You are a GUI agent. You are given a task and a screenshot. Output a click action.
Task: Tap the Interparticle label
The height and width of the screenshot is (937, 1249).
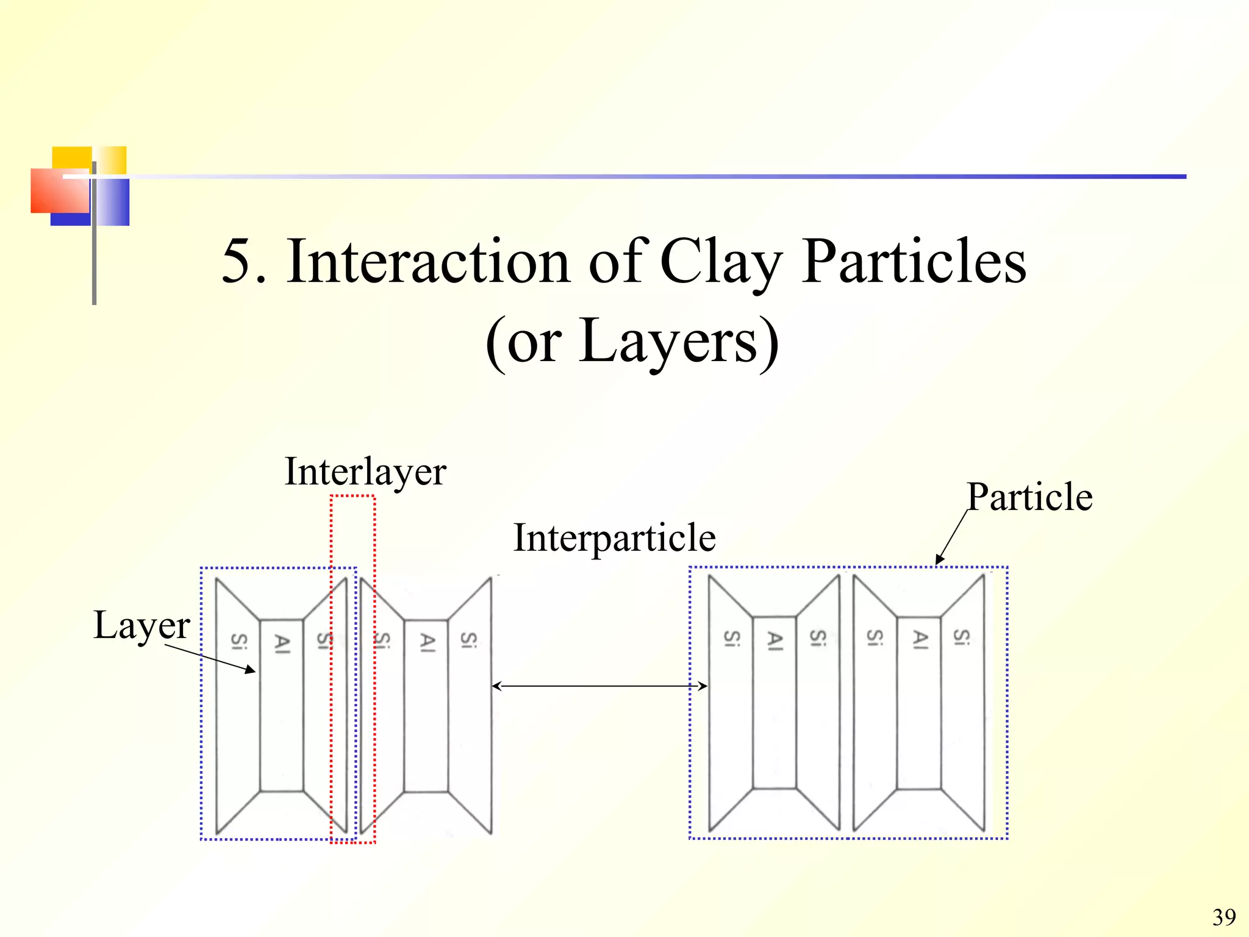click(614, 538)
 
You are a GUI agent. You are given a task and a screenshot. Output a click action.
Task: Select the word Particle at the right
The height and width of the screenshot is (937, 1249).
click(1029, 497)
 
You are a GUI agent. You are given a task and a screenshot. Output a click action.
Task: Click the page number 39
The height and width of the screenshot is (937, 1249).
click(1224, 917)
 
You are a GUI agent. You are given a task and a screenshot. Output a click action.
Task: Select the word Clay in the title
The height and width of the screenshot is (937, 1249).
click(720, 262)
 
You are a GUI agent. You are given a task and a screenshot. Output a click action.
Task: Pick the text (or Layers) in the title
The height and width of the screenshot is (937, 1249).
click(632, 342)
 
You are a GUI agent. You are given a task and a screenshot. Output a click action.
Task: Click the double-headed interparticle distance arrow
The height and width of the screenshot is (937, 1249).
click(599, 686)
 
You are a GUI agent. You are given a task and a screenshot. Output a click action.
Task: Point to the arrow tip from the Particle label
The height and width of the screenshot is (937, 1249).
click(938, 562)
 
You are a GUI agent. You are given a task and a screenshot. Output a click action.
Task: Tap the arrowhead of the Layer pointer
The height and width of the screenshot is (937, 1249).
click(252, 672)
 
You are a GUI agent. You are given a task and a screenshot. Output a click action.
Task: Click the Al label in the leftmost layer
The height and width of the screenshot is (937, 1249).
click(282, 644)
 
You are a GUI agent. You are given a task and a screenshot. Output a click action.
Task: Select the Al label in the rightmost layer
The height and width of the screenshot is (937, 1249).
click(920, 639)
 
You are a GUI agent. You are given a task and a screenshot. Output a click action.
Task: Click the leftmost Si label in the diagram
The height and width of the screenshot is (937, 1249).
click(238, 642)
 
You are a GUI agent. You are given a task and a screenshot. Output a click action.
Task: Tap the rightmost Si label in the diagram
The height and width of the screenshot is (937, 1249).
click(962, 637)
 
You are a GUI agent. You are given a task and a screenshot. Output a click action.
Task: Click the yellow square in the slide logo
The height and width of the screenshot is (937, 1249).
click(72, 157)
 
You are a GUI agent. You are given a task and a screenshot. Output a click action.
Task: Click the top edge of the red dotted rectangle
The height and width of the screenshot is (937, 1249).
click(353, 497)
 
